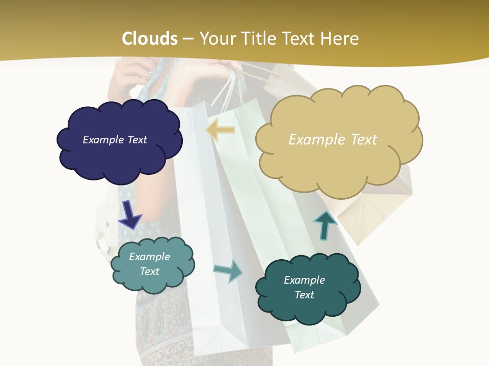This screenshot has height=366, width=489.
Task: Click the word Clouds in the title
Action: point(150,39)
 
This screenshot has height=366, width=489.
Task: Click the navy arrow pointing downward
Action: point(130,215)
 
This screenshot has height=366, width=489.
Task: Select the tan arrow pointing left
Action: point(220,130)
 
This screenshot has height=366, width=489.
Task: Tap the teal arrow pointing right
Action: point(228,270)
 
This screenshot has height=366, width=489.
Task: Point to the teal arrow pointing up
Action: point(324,225)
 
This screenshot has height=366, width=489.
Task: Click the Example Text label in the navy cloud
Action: point(115,140)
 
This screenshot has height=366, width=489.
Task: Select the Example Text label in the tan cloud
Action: point(333,140)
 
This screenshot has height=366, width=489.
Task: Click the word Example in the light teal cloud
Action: point(149,257)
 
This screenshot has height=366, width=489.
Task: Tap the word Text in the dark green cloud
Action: point(305,295)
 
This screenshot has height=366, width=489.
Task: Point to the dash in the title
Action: point(188,39)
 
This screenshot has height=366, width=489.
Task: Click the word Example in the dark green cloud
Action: point(304,280)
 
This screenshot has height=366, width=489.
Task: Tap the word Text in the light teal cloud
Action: point(149,271)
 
